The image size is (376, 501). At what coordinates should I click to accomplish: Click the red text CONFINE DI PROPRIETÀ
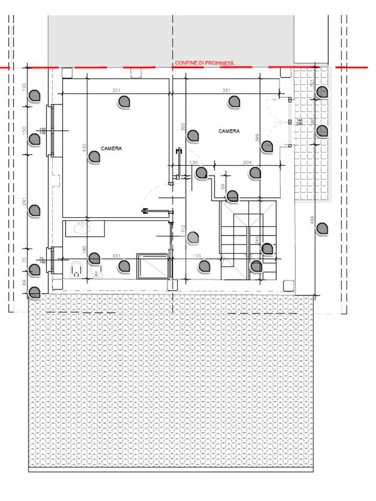[204, 63]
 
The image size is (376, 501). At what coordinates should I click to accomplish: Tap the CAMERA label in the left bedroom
[111, 148]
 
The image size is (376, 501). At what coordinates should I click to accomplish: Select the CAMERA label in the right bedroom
[229, 131]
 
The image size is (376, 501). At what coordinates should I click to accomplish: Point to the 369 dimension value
[258, 138]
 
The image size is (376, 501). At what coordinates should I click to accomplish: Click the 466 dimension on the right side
[312, 221]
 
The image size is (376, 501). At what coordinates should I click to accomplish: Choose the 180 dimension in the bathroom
[85, 250]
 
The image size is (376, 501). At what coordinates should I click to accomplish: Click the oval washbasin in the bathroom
[79, 228]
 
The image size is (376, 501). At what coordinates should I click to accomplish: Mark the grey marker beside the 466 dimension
[322, 228]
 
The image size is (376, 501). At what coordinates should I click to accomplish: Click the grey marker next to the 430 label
[94, 157]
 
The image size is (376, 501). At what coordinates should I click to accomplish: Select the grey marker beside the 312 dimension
[193, 238]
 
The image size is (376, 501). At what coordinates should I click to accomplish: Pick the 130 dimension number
[193, 162]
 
